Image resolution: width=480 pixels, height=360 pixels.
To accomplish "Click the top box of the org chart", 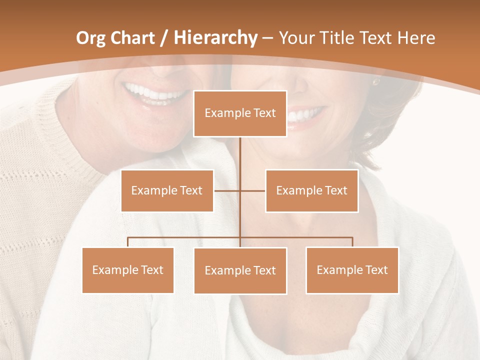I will coord(240,113).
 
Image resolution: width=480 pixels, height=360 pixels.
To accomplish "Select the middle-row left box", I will coord(167,190).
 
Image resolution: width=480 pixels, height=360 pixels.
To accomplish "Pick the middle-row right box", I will coord(311,190).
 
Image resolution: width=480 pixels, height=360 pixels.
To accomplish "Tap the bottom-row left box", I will coord(128,270).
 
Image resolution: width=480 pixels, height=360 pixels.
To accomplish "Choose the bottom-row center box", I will coord(240,270).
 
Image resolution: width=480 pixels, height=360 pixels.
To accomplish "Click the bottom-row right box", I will coord(352,270).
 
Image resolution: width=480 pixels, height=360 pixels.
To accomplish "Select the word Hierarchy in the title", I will coord(215,38).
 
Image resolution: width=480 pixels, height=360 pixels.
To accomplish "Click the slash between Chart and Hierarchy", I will coord(164,38).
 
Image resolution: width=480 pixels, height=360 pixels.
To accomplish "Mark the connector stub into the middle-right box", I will coord(253,190).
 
